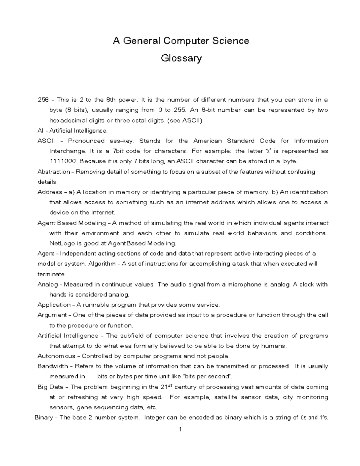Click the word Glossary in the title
point(181,58)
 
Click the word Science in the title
point(230,41)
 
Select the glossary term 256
point(43,100)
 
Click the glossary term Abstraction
point(53,172)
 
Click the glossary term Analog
point(47,284)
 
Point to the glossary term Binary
point(44,418)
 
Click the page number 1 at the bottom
point(180,429)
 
